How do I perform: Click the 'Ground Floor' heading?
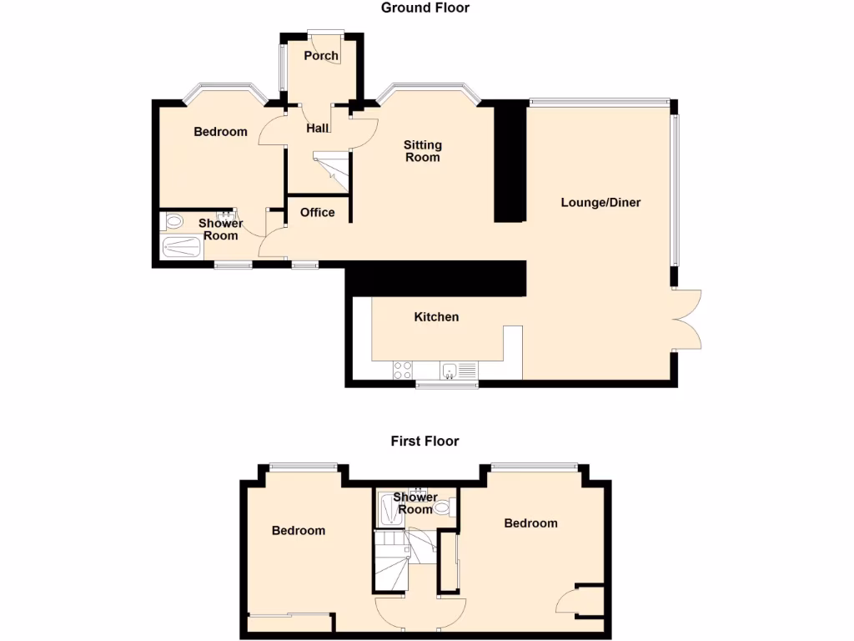pos(425,8)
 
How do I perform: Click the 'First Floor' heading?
pos(425,441)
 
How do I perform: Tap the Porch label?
pos(321,56)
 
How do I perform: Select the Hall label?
pos(318,129)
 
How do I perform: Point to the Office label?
pos(317,212)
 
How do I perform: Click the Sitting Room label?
pos(423,151)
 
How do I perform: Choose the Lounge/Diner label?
pos(600,202)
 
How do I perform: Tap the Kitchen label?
pos(436,317)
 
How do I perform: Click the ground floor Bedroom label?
pos(220,132)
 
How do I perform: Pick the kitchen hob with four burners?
pos(403,369)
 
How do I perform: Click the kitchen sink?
pos(451,370)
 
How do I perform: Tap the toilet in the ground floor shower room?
pos(173,222)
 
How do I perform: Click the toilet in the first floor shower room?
pos(444,505)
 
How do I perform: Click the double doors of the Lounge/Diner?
pos(689,320)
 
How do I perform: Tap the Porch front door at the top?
pos(324,34)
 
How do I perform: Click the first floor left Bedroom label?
pos(299,530)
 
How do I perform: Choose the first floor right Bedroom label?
pos(530,523)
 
